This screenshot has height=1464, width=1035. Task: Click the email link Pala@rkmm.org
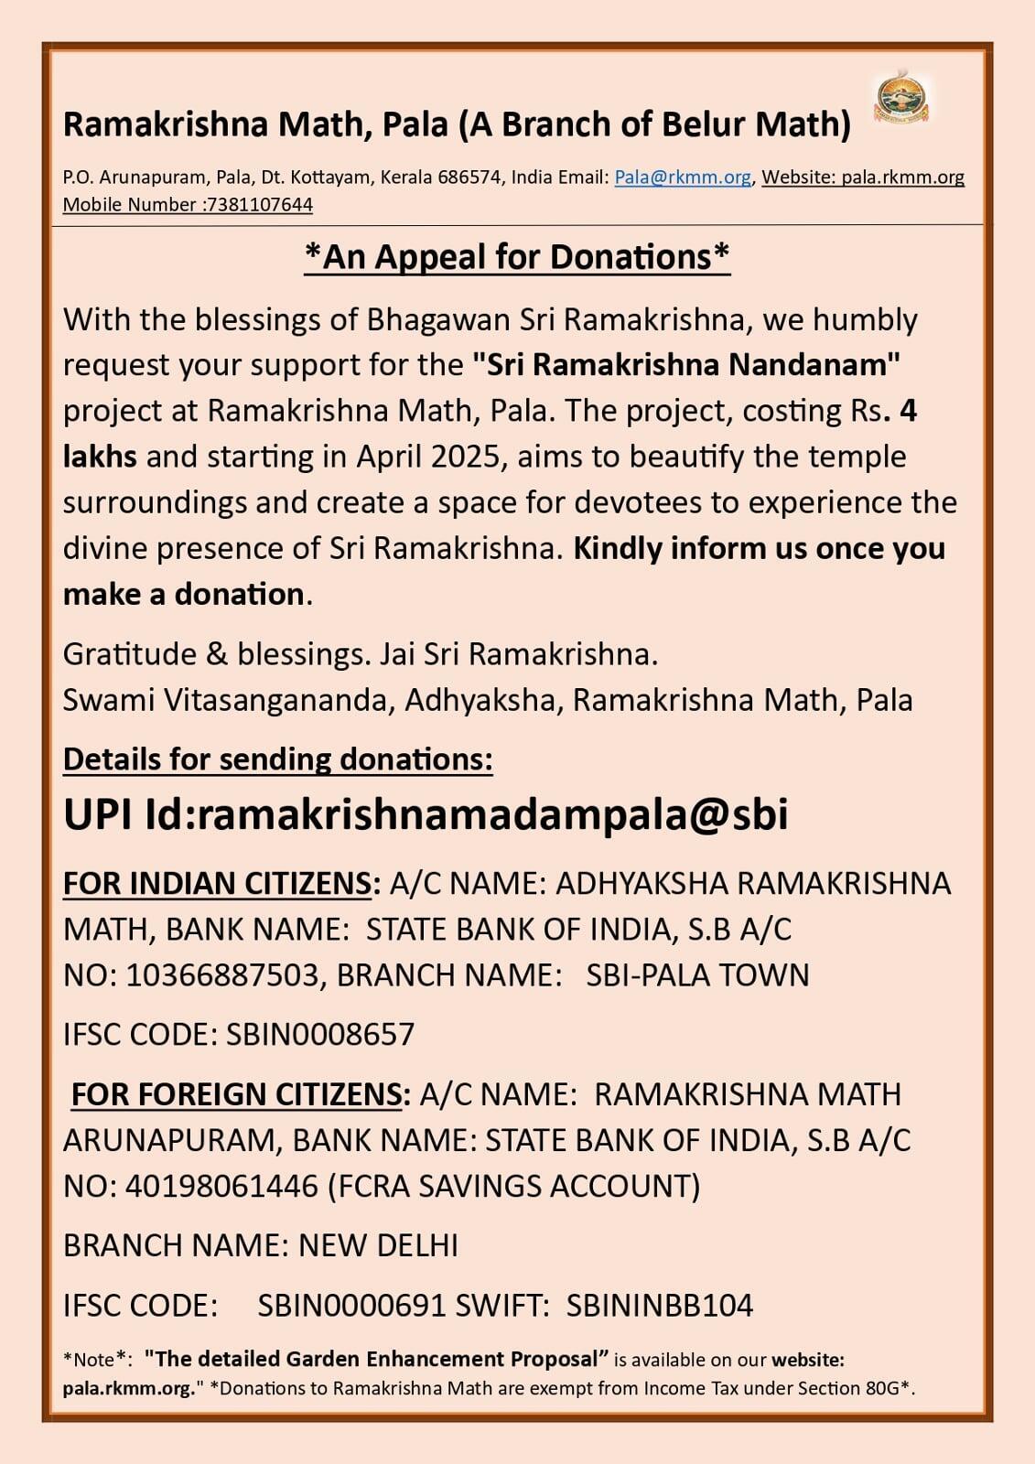pos(682,178)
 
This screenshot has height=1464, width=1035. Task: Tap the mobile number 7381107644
pos(260,205)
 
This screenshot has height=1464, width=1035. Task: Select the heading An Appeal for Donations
pos(517,257)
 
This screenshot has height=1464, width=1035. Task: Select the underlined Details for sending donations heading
pos(277,759)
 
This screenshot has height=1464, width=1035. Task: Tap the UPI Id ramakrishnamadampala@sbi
pos(492,814)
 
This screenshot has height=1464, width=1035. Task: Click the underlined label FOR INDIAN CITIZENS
pos(218,884)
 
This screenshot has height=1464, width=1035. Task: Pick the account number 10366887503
pos(222,975)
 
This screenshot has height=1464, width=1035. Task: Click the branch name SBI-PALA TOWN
pos(697,975)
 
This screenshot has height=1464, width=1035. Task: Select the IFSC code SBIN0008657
pos(320,1035)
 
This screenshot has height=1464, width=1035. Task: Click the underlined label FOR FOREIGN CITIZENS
pos(237,1094)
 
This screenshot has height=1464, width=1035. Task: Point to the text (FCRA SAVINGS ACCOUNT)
pos(513,1186)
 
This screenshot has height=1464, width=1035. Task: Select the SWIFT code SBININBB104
pos(659,1305)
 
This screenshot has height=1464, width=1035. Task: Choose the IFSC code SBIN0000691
pos(351,1305)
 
